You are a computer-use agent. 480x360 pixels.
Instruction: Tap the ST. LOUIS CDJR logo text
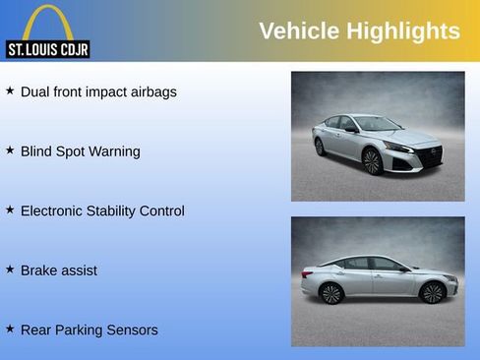click(x=47, y=49)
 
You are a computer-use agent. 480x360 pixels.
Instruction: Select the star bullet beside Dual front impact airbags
click(x=10, y=90)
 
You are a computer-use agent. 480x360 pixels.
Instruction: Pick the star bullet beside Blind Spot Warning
click(x=10, y=150)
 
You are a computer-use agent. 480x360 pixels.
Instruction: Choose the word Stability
click(x=120, y=210)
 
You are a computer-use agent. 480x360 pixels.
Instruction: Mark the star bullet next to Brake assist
click(x=10, y=269)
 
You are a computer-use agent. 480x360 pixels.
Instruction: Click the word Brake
click(x=40, y=270)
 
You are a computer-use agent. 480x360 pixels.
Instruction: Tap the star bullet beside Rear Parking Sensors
click(x=10, y=329)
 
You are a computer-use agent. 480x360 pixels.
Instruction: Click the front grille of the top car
click(x=430, y=154)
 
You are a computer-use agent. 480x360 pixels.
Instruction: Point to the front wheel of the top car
click(x=372, y=160)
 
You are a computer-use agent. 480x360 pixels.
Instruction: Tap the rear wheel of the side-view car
click(x=331, y=293)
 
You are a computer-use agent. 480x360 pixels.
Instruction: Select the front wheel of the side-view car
click(x=432, y=292)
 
